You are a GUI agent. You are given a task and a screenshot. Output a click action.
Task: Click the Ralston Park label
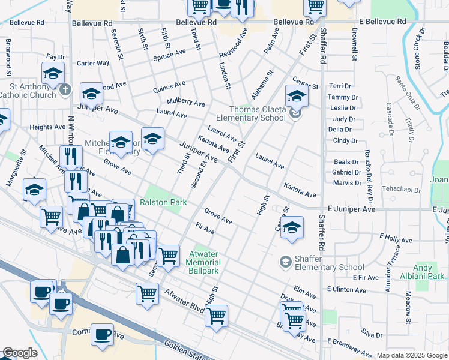[x=163, y=203]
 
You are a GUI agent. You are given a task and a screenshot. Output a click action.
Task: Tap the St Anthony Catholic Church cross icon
[x=66, y=91]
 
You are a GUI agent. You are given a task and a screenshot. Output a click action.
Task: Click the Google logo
[x=19, y=353]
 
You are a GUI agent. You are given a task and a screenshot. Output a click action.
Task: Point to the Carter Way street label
[x=93, y=63]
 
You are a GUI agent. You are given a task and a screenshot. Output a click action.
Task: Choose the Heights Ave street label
[x=47, y=127]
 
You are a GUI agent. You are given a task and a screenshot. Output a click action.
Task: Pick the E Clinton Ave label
[x=346, y=289]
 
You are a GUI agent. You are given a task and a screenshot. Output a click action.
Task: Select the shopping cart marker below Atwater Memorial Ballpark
[x=216, y=314]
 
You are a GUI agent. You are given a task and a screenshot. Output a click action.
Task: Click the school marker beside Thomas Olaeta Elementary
[x=296, y=95]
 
